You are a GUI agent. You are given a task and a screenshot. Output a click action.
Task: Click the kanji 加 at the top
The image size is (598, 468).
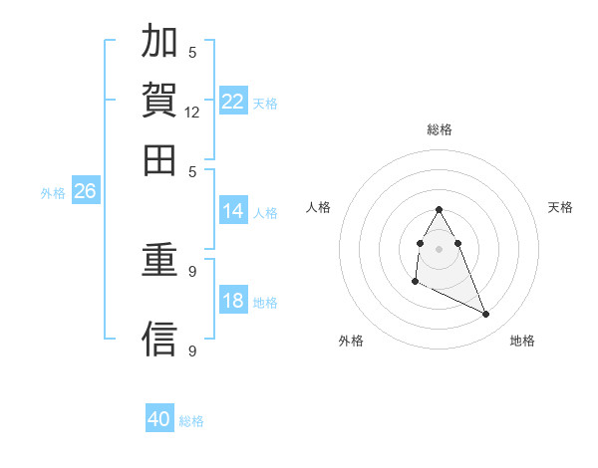tap(160, 43)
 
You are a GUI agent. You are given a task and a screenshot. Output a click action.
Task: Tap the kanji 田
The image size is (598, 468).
tap(160, 158)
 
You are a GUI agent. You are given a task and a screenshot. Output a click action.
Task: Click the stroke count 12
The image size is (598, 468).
tap(192, 113)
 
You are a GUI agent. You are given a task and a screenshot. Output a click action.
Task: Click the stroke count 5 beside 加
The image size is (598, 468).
tap(192, 53)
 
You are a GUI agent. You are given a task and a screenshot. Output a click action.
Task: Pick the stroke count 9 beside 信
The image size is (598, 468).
tap(192, 351)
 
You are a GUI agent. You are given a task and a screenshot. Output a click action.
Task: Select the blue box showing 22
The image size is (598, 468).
tap(233, 101)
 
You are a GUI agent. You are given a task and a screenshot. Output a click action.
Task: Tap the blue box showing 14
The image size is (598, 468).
tap(233, 211)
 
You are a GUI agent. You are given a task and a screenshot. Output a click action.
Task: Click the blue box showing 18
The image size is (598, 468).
tap(233, 301)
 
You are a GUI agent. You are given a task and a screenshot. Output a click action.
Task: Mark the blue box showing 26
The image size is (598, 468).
tap(85, 192)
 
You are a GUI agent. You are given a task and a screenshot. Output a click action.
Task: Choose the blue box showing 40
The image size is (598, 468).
tap(159, 419)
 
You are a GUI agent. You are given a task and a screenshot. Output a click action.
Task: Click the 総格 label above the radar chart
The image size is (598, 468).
tap(440, 129)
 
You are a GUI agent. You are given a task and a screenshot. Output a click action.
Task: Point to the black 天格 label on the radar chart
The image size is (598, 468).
tap(560, 207)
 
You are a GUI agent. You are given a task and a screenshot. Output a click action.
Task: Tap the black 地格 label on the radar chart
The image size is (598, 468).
tap(522, 342)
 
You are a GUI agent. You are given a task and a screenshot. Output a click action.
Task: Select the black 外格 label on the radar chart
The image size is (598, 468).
tap(351, 342)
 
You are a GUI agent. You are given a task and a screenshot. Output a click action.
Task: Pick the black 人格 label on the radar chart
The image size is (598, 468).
tap(319, 207)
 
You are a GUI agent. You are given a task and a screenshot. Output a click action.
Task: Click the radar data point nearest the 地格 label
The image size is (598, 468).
tap(486, 315)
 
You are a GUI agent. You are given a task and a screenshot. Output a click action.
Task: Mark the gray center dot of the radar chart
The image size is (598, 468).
tap(440, 248)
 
